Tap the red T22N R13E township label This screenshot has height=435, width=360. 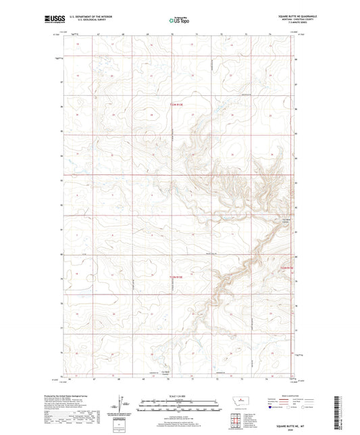[176, 276]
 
